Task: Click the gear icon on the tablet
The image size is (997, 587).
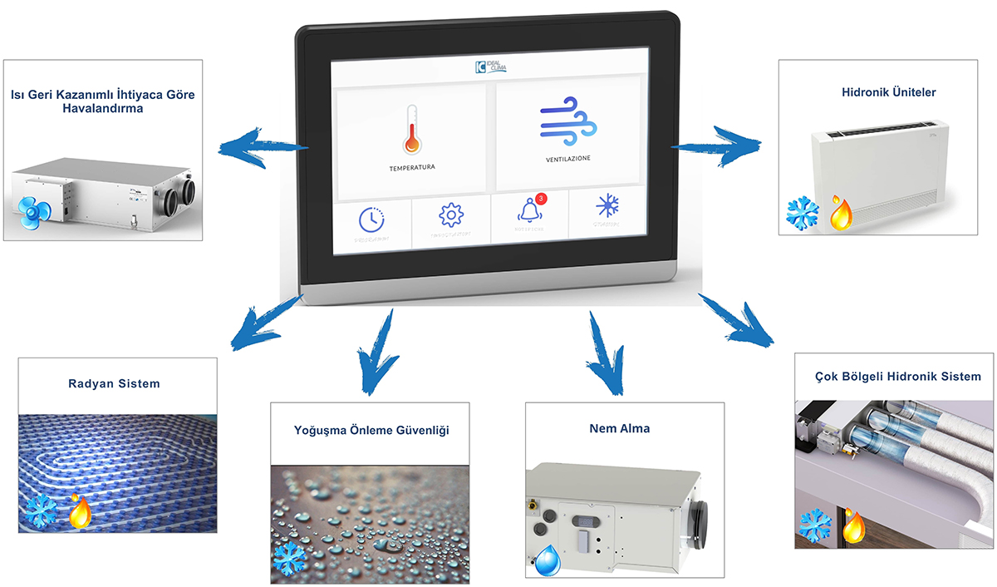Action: pos(450,215)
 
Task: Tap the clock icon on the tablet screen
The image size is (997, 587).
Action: pos(371,219)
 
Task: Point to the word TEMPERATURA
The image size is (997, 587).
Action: pos(412,168)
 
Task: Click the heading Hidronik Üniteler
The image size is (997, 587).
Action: pos(882,92)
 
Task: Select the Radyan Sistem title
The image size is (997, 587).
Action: pos(114,383)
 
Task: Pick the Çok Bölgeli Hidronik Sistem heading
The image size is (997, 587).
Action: pos(891,377)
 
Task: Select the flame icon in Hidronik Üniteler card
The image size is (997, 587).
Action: pos(841,213)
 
